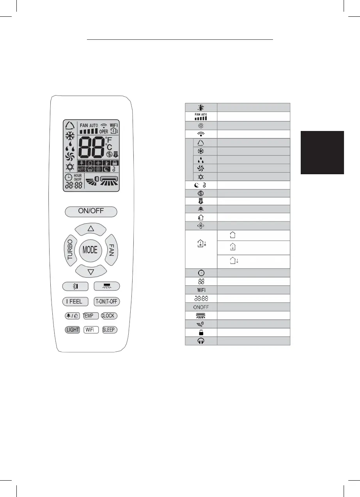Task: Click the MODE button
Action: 90,250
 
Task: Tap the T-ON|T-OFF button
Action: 107,301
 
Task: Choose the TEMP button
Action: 88,316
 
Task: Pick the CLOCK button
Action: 109,316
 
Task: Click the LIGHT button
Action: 73,330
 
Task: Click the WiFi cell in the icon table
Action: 201,290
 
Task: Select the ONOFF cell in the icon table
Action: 201,307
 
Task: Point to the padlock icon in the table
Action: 201,332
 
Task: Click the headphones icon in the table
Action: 201,341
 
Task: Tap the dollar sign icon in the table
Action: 201,193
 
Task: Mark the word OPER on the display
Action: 103,132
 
